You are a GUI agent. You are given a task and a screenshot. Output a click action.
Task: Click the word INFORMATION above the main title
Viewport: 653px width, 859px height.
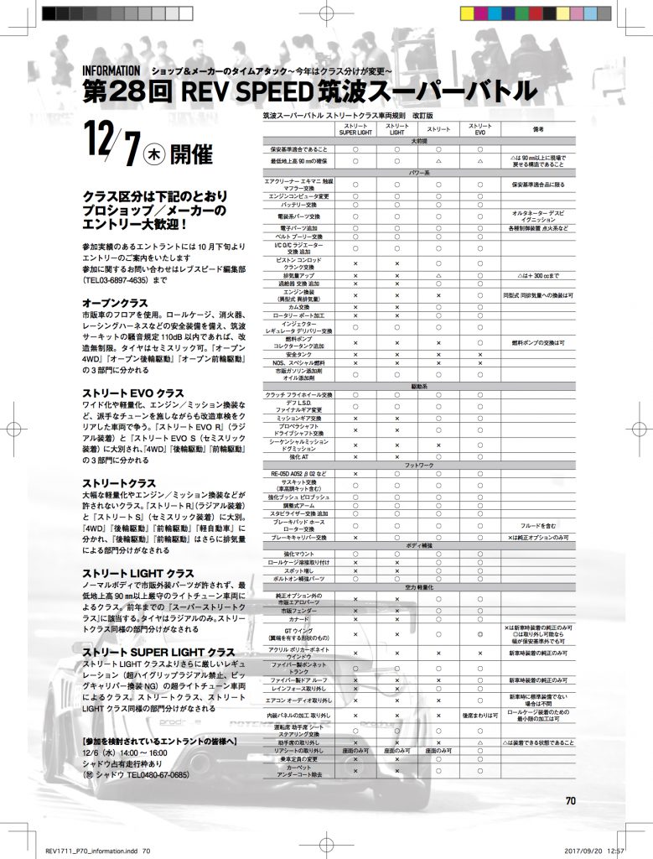[111, 70]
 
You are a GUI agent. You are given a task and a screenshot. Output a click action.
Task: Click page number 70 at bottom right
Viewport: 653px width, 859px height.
[569, 799]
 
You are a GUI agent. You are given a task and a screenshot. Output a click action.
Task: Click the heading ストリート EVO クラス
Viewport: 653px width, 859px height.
[132, 393]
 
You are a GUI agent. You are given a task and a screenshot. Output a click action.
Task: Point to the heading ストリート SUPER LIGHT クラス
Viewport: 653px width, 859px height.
[158, 652]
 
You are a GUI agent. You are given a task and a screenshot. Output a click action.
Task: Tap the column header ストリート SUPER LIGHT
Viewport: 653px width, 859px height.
[355, 129]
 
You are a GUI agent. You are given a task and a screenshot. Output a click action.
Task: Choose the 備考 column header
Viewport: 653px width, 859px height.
[539, 129]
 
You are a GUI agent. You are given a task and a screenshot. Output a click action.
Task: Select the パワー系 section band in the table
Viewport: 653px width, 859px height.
[418, 173]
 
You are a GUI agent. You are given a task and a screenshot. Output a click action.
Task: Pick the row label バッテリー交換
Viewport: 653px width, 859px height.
[298, 204]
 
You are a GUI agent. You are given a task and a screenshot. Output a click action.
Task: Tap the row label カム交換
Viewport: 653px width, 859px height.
[298, 308]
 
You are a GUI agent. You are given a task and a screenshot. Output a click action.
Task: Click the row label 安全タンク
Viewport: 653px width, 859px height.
[298, 354]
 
